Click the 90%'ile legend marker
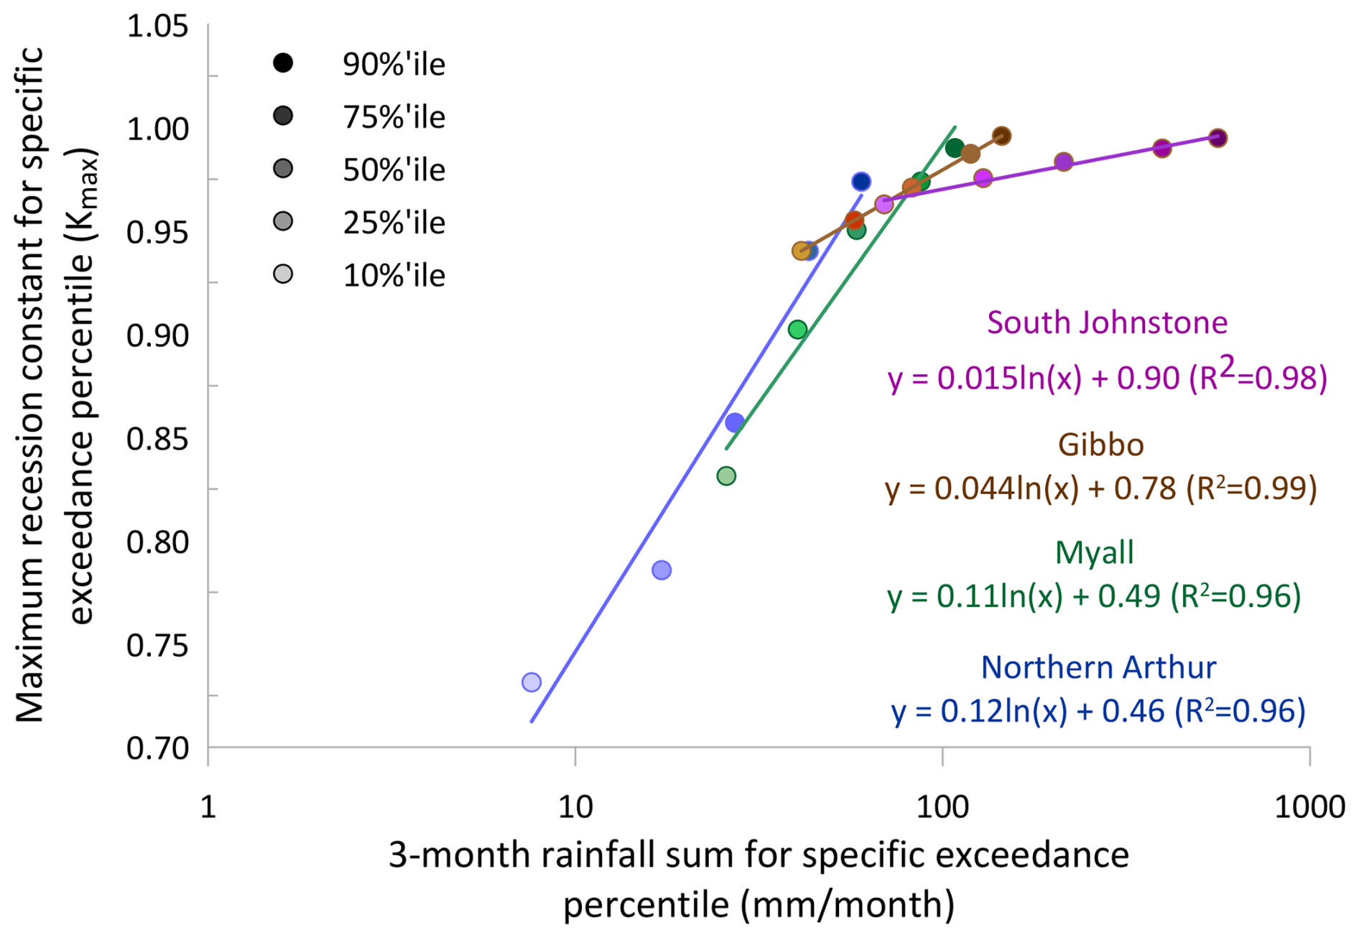[284, 63]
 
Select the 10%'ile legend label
[394, 276]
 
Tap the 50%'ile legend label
[394, 170]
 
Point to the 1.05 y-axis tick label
[157, 27]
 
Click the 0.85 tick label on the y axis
[157, 440]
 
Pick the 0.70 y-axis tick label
[157, 749]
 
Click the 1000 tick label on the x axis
[1309, 807]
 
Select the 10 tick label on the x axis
[575, 807]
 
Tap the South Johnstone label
[1107, 322]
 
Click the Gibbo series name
[1100, 445]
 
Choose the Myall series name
[1094, 552]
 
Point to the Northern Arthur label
[1098, 667]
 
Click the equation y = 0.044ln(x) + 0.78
[1100, 488]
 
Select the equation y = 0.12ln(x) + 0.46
[1098, 711]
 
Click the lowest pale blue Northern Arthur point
[532, 682]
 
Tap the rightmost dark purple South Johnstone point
[1217, 138]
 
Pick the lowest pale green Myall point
[726, 475]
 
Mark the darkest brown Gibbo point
[1002, 136]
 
